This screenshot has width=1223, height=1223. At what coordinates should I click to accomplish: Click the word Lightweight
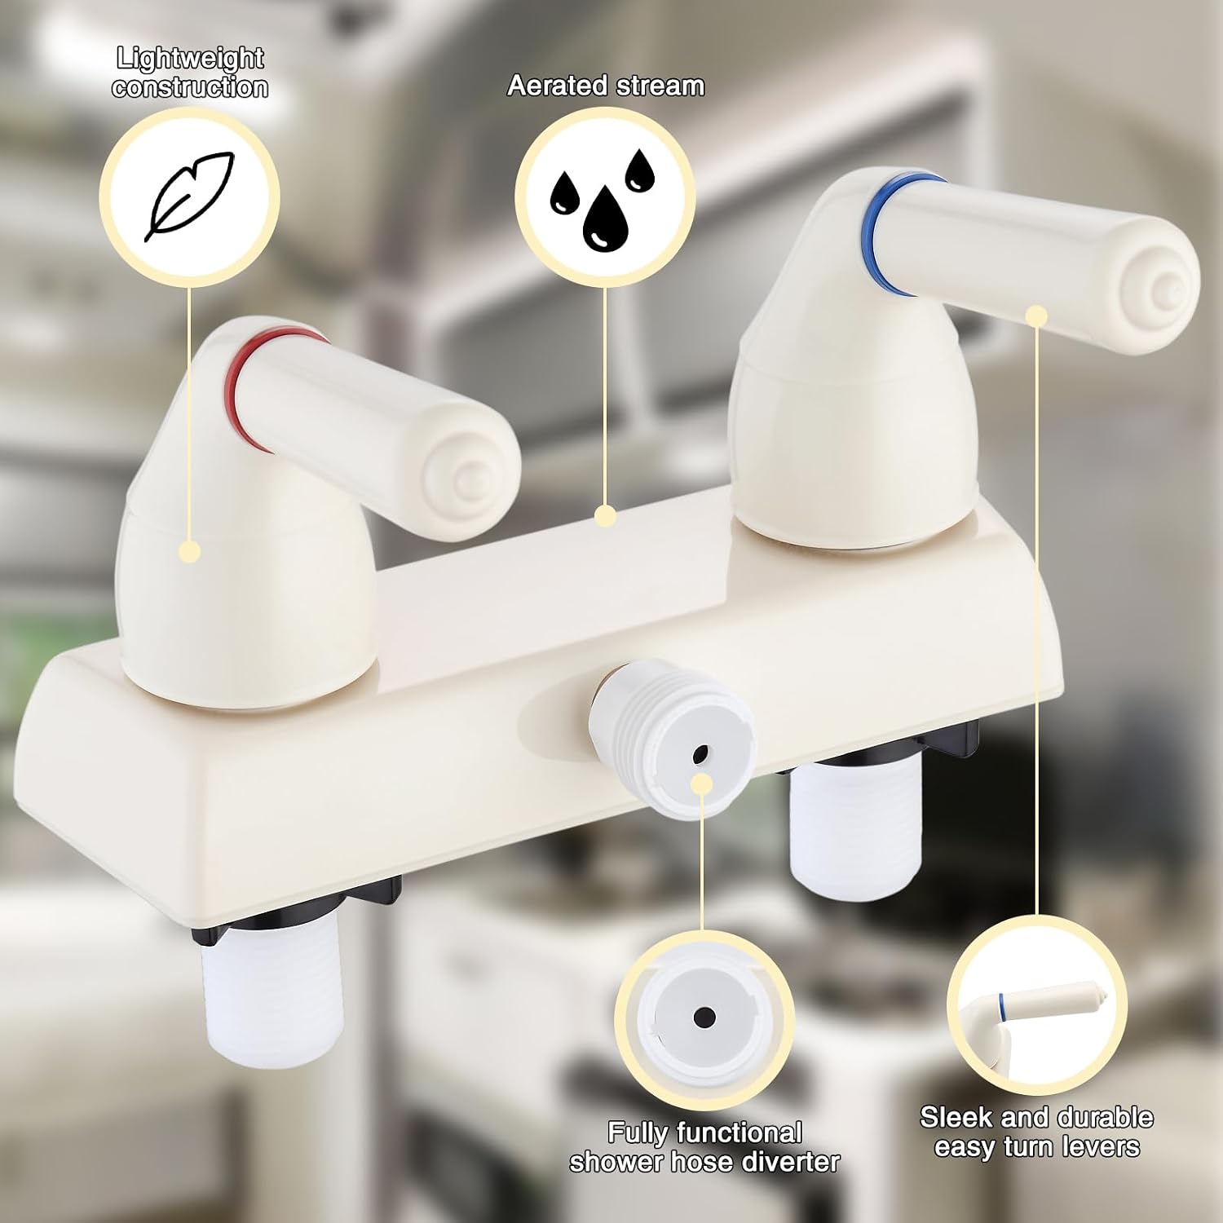click(x=190, y=58)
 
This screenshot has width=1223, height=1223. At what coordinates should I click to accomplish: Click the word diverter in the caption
click(x=779, y=1161)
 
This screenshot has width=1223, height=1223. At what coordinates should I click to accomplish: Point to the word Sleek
click(x=956, y=1116)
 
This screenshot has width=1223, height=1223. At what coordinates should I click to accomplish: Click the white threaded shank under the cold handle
click(x=856, y=823)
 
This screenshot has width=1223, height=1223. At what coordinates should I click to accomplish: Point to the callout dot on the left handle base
click(x=190, y=551)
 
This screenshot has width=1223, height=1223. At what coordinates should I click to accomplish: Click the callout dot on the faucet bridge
click(x=605, y=515)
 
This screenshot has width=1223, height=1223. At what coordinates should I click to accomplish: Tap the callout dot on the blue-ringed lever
click(x=1036, y=316)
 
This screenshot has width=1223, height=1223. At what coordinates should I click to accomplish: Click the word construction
click(x=190, y=87)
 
